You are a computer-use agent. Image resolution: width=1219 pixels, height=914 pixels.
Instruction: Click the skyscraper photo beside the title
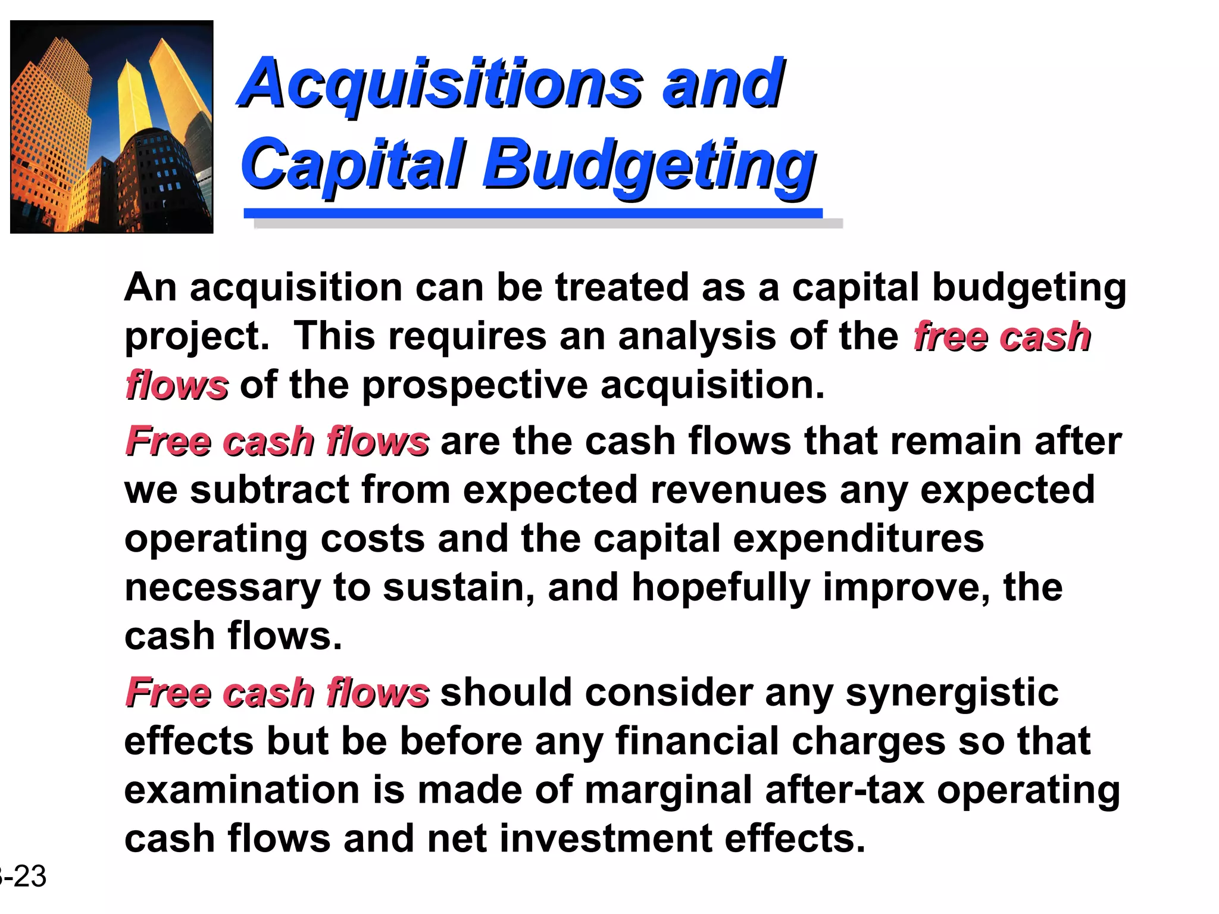[x=112, y=127]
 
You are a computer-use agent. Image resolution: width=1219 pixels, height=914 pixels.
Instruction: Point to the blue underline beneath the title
[x=533, y=213]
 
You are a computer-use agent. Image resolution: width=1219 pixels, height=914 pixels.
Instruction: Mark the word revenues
[x=738, y=491]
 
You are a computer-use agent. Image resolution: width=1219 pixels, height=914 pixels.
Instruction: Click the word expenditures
[x=858, y=540]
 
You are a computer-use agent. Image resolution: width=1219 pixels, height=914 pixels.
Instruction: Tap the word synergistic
[x=952, y=694]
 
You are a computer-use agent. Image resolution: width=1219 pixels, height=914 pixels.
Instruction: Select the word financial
[x=697, y=741]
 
